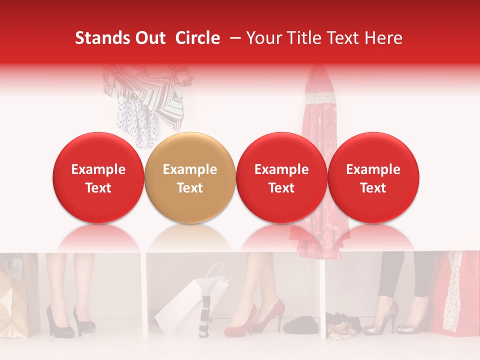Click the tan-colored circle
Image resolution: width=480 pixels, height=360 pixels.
tap(190, 177)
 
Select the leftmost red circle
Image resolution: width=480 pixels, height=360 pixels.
tap(98, 177)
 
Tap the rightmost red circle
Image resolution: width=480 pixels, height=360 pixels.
tap(373, 177)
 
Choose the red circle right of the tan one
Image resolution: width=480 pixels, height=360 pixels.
tap(281, 177)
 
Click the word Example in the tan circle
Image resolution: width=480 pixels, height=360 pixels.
tap(190, 169)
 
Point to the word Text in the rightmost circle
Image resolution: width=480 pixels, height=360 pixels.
tap(373, 188)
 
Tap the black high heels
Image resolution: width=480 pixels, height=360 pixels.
tap(70, 320)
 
